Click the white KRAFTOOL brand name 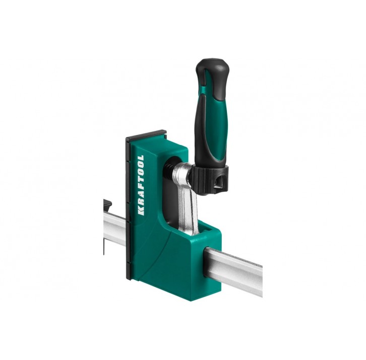pos(141,185)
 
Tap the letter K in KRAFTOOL pos(141,211)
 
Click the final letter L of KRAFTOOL pos(140,158)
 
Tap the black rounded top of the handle pos(213,66)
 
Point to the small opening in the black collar pos(219,182)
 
